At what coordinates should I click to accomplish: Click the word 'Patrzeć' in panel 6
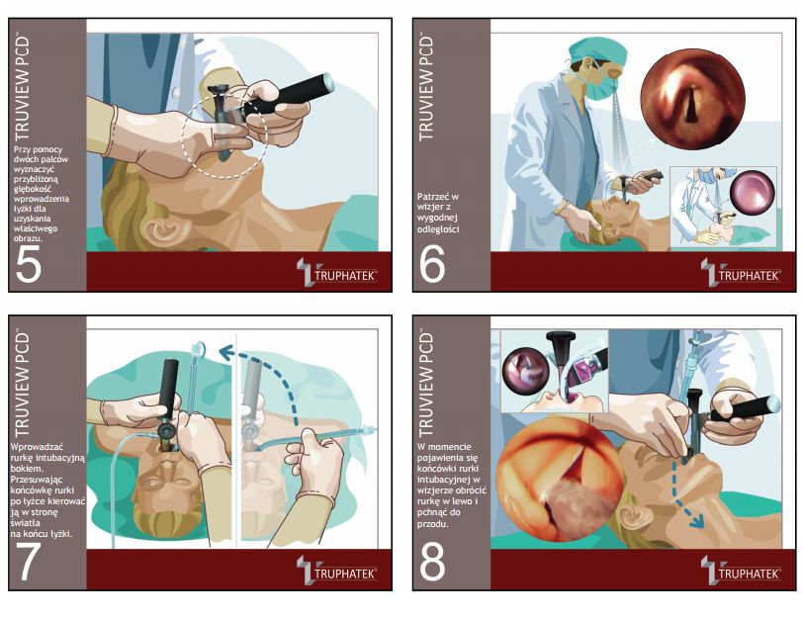click(433, 197)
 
